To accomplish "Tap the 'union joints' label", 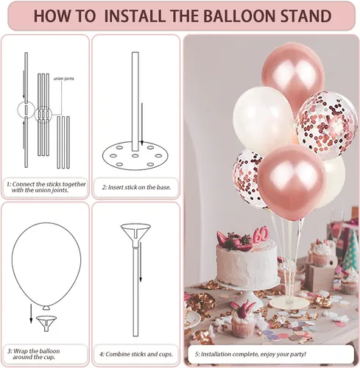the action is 63,79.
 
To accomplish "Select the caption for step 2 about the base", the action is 136,187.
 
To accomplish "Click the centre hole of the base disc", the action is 135,155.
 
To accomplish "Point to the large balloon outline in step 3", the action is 46,265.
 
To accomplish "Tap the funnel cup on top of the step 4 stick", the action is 135,235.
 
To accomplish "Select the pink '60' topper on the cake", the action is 260,236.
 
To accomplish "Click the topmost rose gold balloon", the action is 293,75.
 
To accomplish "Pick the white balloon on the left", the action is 264,121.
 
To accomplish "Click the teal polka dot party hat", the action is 350,250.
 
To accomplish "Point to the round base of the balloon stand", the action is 289,303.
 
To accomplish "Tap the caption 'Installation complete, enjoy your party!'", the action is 250,354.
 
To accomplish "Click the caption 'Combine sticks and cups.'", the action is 136,354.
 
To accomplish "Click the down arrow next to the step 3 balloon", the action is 31,314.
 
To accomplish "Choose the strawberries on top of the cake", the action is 234,241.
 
